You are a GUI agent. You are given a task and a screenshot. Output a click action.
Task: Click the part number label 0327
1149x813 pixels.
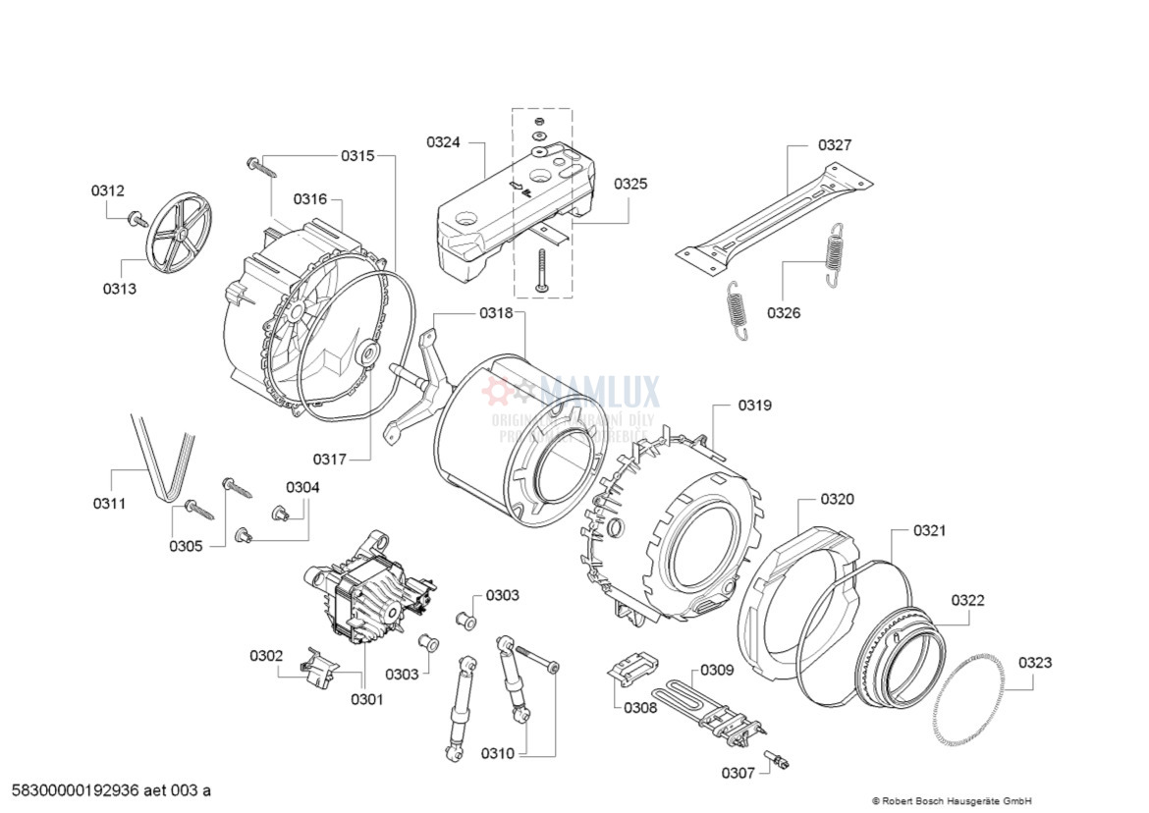point(835,145)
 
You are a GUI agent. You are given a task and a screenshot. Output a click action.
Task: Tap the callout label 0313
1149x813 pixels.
point(120,289)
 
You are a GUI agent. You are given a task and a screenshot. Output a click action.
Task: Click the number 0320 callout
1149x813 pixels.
point(837,499)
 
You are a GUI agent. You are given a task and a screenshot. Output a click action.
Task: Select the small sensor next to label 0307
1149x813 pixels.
point(780,759)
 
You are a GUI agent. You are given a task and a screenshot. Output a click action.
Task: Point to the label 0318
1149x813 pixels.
point(496,313)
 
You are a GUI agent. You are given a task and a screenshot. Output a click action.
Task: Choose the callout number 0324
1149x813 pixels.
point(443,142)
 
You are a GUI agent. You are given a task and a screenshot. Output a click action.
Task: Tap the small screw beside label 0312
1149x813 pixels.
point(137,217)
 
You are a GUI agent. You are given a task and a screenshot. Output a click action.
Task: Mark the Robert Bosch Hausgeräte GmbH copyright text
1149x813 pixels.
point(952,800)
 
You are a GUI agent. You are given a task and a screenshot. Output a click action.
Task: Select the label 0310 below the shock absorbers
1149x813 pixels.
point(497,754)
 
